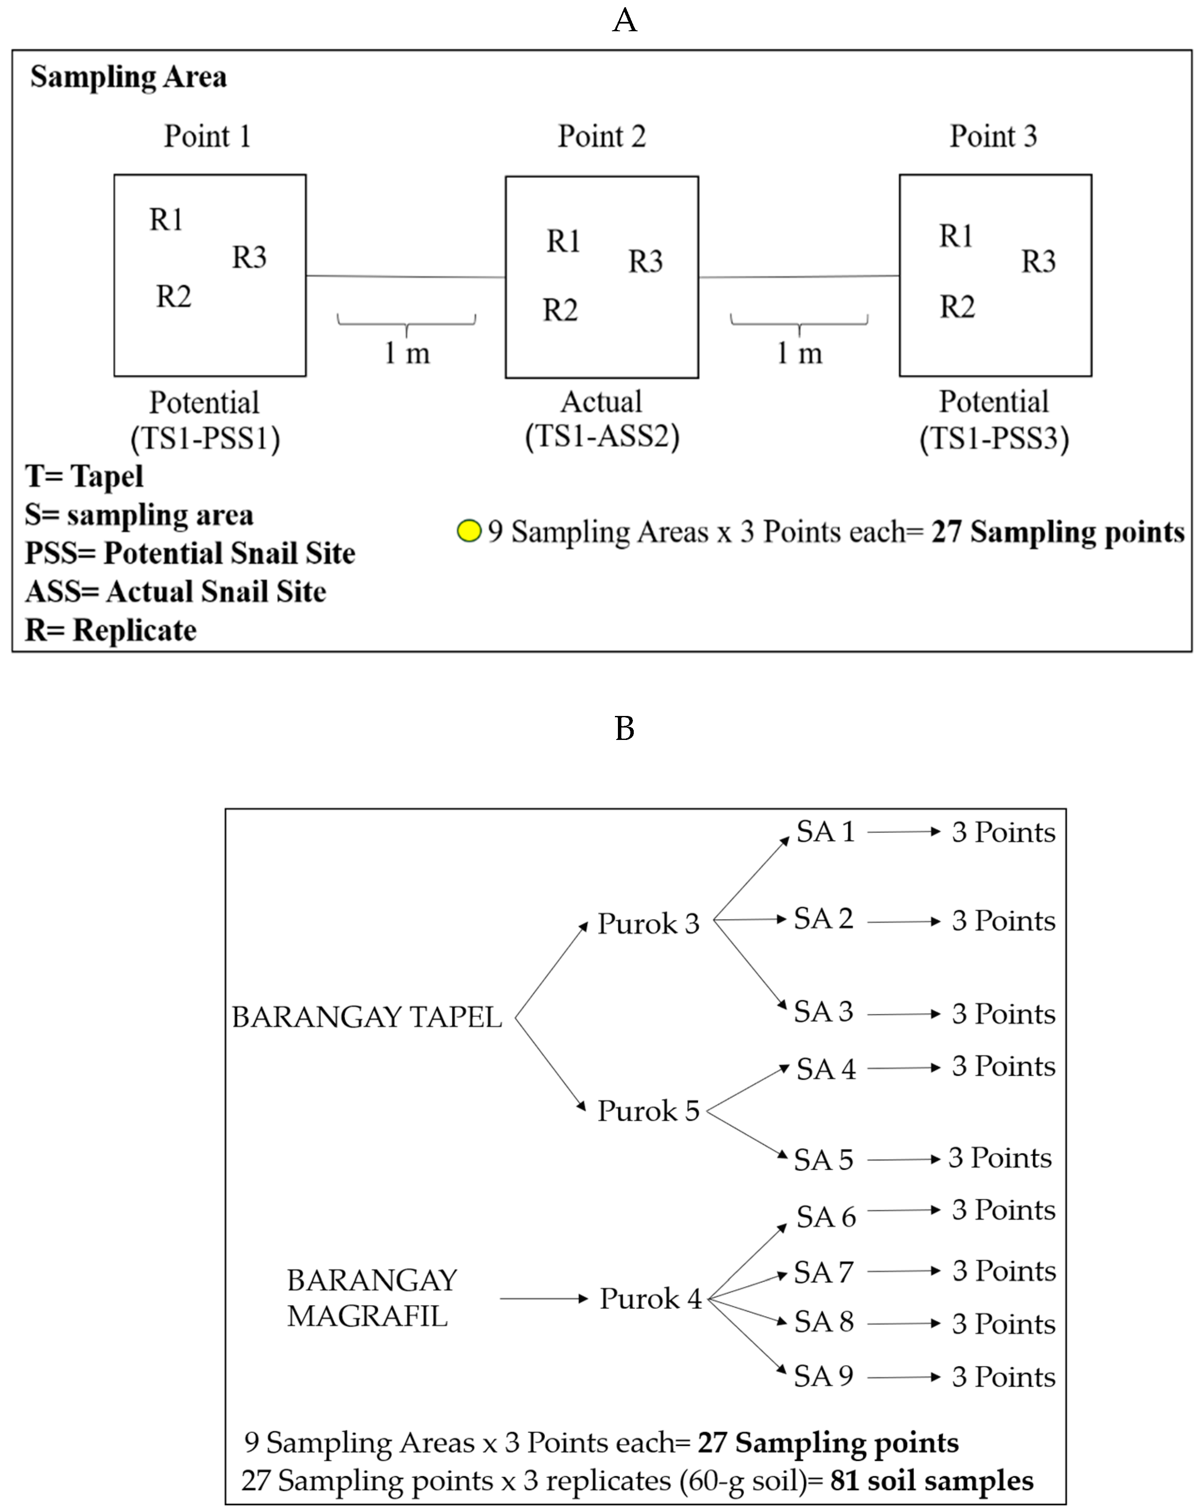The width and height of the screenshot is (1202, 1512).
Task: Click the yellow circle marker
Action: [x=468, y=531]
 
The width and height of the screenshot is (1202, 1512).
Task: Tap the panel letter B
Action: [x=624, y=729]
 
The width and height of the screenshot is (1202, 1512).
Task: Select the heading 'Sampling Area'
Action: [x=128, y=77]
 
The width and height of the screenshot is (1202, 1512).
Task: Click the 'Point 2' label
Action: [x=601, y=136]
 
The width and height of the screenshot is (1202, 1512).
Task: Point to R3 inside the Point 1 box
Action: [x=249, y=257]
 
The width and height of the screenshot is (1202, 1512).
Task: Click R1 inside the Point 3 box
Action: [x=956, y=236]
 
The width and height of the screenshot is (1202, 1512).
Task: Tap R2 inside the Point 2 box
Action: [x=561, y=310]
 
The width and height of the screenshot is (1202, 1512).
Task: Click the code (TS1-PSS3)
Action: [x=994, y=438]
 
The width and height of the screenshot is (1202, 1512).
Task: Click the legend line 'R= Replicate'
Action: [x=111, y=630]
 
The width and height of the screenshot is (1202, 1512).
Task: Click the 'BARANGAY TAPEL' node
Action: [x=367, y=1017]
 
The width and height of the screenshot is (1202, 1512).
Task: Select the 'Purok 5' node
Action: [x=648, y=1111]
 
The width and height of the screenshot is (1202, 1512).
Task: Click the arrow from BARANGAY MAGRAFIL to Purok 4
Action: [x=543, y=1299]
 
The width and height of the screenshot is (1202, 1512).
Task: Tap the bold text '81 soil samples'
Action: [x=931, y=1480]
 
